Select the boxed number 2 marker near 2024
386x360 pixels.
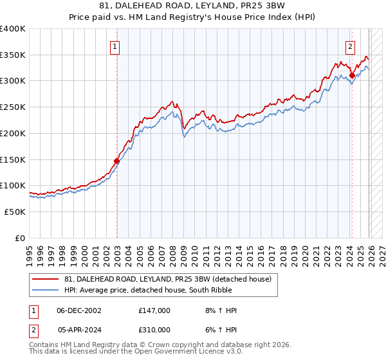tap(350, 46)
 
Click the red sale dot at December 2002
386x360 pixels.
tap(117, 161)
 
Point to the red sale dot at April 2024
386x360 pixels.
tap(352, 76)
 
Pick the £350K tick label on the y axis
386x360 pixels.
tap(13, 55)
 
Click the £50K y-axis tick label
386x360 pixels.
tap(15, 212)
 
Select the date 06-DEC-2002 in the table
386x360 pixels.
tap(78, 310)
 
